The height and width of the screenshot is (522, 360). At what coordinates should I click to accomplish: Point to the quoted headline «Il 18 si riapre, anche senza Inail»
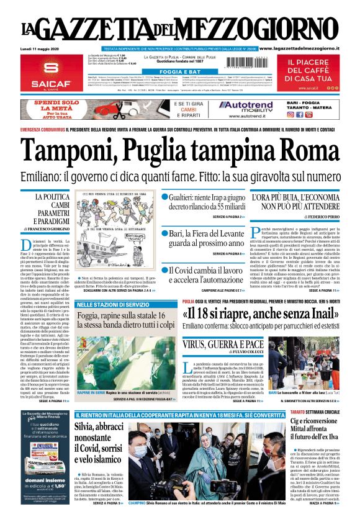click(243, 312)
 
